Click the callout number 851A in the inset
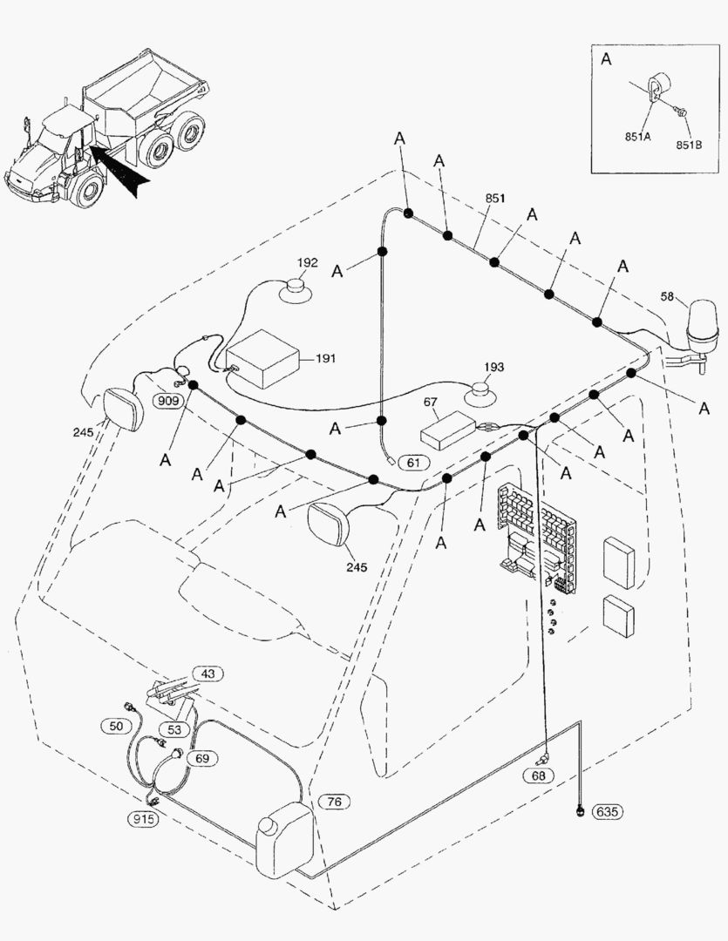(x=638, y=136)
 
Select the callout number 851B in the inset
(x=689, y=145)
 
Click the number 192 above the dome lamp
(x=307, y=262)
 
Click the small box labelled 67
(x=446, y=432)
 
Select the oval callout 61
(x=413, y=462)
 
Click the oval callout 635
(x=608, y=812)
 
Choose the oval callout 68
(x=538, y=775)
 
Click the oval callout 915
(x=144, y=818)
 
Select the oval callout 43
(x=208, y=674)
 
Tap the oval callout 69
(x=202, y=759)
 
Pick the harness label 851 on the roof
(x=494, y=198)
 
